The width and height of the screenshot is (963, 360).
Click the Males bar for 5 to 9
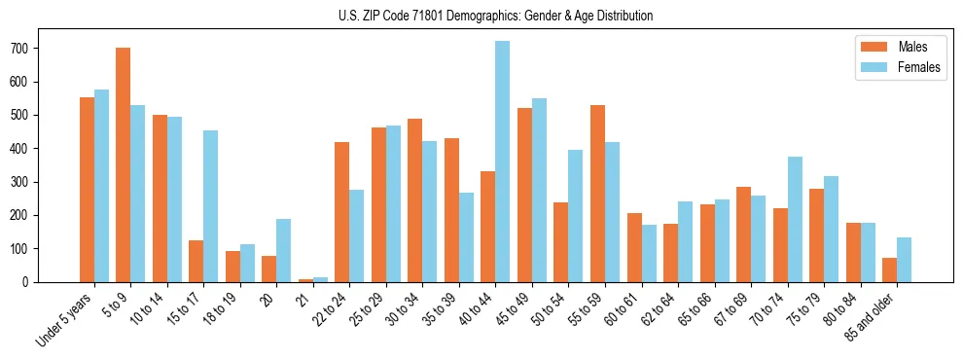(x=124, y=164)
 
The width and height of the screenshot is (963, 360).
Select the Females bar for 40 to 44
(x=503, y=162)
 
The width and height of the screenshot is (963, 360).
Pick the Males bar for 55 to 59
(x=597, y=194)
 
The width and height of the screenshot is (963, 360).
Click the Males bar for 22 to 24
(x=342, y=212)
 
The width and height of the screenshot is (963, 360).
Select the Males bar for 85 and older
(x=889, y=270)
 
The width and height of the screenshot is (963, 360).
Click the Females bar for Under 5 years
(x=101, y=186)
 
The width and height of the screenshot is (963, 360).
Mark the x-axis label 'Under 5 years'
(x=65, y=318)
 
